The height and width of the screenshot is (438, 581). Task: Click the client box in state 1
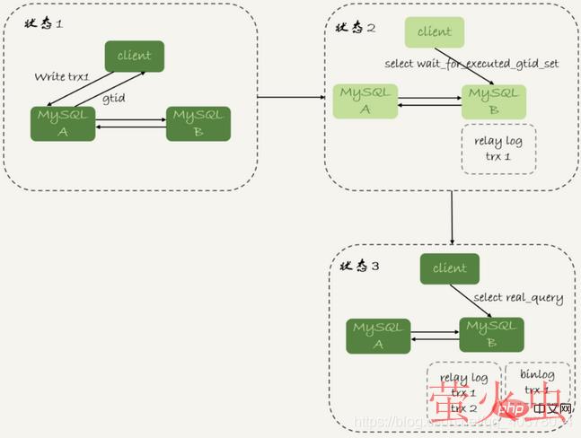(x=134, y=56)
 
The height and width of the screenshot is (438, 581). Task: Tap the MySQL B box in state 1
(x=198, y=122)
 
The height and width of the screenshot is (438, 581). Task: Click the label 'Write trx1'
(x=62, y=76)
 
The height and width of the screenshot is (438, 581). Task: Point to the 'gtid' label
(x=114, y=96)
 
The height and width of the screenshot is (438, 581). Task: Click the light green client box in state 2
(x=435, y=31)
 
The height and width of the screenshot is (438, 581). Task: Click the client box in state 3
(x=449, y=267)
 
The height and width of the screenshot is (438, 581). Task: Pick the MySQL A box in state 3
(x=377, y=335)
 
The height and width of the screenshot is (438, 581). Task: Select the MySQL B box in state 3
(x=491, y=335)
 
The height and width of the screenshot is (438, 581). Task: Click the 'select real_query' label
(x=518, y=298)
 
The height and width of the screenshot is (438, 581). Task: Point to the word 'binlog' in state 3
(x=536, y=374)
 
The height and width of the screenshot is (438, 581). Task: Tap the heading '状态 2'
(x=357, y=28)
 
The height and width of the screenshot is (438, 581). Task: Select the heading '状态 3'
(x=360, y=267)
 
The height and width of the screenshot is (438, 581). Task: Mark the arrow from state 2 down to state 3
(x=451, y=216)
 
